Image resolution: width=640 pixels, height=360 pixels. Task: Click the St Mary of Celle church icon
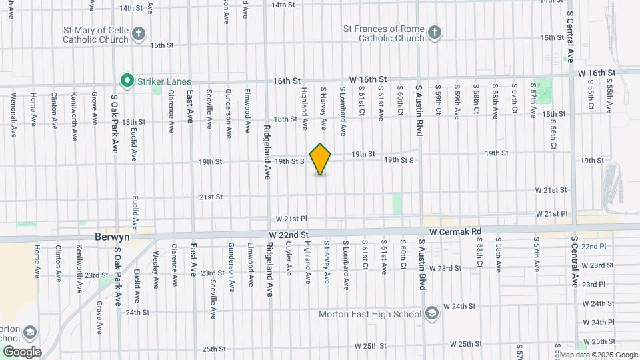(139, 34)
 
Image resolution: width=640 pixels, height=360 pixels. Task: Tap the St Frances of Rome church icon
(435, 33)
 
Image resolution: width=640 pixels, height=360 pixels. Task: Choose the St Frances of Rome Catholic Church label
(383, 33)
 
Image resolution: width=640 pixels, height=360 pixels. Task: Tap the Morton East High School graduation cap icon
(432, 313)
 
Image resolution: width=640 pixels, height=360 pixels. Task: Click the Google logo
(21, 351)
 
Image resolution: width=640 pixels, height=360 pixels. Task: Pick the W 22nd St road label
(289, 235)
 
